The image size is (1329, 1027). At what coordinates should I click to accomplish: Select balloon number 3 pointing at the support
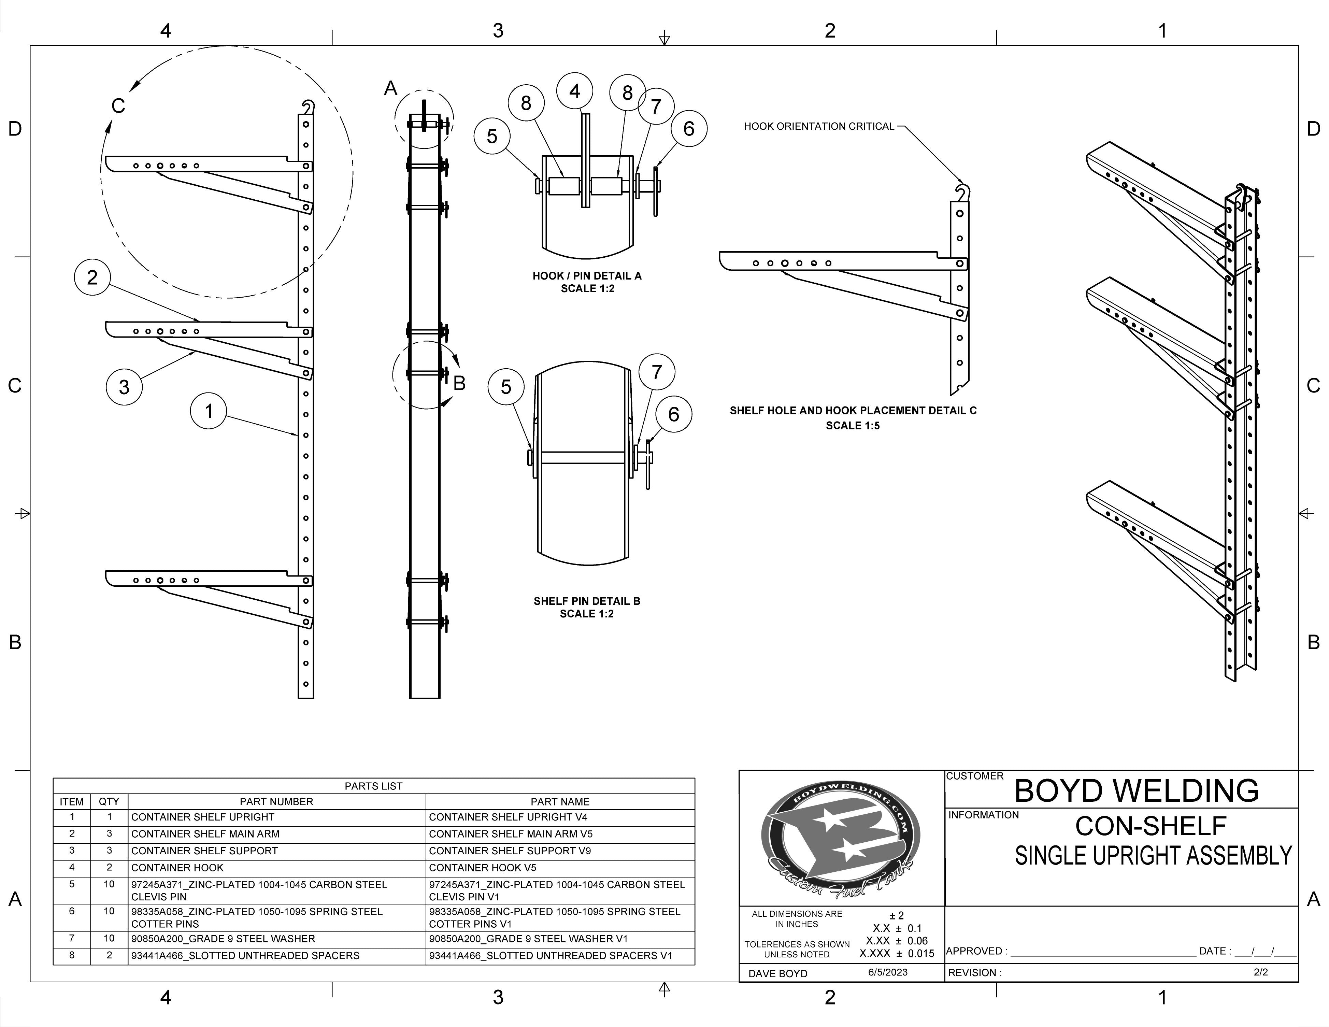pyautogui.click(x=124, y=387)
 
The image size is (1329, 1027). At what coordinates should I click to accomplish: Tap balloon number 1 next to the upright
pyautogui.click(x=209, y=411)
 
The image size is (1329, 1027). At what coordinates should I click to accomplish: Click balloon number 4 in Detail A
pyautogui.click(x=574, y=91)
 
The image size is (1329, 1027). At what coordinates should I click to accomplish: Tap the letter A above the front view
pyautogui.click(x=391, y=89)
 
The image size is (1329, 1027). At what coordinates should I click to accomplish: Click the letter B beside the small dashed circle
pyautogui.click(x=459, y=383)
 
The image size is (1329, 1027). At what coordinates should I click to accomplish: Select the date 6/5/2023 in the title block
pyautogui.click(x=887, y=972)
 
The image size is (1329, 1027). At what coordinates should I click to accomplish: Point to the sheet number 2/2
pyautogui.click(x=1261, y=972)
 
